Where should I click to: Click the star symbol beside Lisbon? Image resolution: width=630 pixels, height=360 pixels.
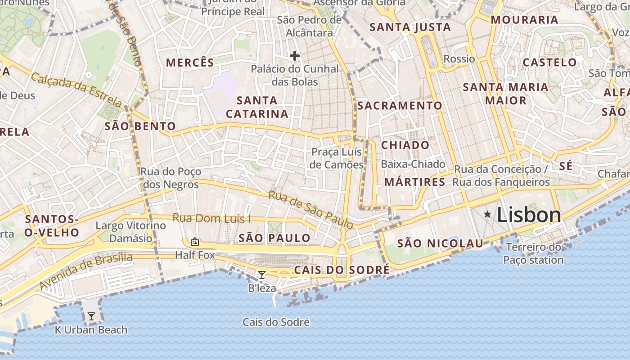pyautogui.click(x=487, y=215)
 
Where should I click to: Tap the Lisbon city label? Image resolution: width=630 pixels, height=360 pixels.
pyautogui.click(x=529, y=215)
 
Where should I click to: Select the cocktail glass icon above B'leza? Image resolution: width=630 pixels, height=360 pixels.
pyautogui.click(x=261, y=274)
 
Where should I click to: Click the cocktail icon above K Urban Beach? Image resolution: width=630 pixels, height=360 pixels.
pyautogui.click(x=91, y=316)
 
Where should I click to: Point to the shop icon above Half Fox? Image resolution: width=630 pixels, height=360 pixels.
pyautogui.click(x=194, y=242)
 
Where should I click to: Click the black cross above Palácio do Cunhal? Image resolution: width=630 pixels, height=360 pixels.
pyautogui.click(x=295, y=56)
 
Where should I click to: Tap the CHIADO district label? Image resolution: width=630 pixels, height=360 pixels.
pyautogui.click(x=405, y=145)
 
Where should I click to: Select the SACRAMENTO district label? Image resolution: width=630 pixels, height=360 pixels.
pyautogui.click(x=400, y=106)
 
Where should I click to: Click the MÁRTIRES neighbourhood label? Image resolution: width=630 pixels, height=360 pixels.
pyautogui.click(x=414, y=182)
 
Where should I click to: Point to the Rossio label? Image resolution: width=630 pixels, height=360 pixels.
pyautogui.click(x=459, y=59)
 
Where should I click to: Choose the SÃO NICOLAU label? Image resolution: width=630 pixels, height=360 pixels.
pyautogui.click(x=440, y=243)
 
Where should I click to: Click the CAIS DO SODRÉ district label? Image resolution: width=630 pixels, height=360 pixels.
pyautogui.click(x=342, y=270)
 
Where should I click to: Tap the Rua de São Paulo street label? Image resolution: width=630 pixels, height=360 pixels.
pyautogui.click(x=311, y=209)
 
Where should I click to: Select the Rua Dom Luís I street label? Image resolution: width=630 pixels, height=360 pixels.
pyautogui.click(x=211, y=219)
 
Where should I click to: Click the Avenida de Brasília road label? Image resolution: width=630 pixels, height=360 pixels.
pyautogui.click(x=86, y=271)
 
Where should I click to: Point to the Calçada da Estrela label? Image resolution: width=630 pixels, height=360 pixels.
pyautogui.click(x=76, y=90)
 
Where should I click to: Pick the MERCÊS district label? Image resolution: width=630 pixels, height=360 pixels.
pyautogui.click(x=190, y=63)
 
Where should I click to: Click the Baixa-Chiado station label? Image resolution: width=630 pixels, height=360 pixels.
pyautogui.click(x=413, y=164)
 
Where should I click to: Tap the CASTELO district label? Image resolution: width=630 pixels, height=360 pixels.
pyautogui.click(x=549, y=62)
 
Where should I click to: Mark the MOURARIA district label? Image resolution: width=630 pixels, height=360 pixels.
pyautogui.click(x=524, y=20)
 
